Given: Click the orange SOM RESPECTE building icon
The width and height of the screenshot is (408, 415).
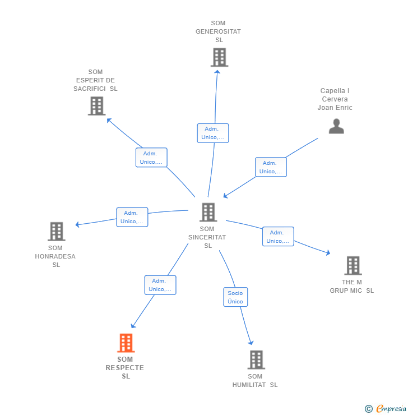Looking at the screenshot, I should point(126,343).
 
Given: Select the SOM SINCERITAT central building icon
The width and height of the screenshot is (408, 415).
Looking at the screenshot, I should point(208,212).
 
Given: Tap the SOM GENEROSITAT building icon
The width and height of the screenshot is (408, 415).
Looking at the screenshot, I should point(219,57).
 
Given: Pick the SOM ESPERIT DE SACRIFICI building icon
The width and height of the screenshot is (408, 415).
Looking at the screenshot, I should point(96,105).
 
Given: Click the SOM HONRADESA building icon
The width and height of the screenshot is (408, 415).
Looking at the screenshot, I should point(56,231).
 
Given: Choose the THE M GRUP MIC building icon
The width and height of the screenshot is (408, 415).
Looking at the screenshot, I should point(353,265).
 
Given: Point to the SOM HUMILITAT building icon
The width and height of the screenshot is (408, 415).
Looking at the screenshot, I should point(256,359).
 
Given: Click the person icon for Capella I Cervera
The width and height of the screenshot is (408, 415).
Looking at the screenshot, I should point(336,126).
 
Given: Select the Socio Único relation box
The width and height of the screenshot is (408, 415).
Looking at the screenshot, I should point(235,297).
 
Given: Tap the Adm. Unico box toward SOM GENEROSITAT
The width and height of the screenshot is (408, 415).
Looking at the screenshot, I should point(213,133).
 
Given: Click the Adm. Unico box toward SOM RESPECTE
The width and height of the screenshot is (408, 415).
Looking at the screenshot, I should point(160,285).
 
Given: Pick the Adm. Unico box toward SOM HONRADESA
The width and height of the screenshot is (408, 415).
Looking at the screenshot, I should point(132,217).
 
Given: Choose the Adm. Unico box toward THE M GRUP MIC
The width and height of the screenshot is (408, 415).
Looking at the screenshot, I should point(278,237).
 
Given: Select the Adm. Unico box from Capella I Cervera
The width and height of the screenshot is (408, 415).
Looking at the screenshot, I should point(271,167).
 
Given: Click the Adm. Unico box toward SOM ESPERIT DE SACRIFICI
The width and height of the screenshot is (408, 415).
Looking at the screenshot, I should point(151,158).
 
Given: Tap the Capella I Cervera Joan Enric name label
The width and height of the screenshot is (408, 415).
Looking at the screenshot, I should point(335,99).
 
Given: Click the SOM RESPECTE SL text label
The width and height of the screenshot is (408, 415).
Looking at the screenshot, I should point(125,368).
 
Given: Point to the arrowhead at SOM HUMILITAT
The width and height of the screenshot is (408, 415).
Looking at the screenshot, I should point(251,343).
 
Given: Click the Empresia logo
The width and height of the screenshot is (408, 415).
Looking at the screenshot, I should point(386,409).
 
